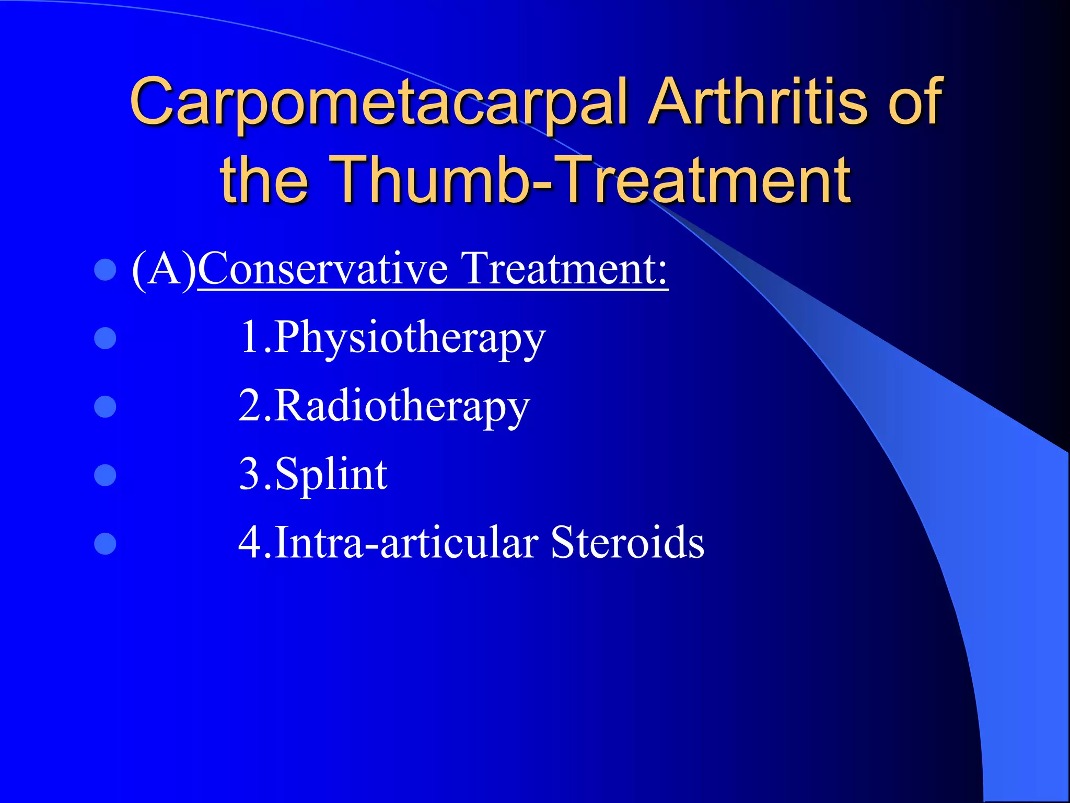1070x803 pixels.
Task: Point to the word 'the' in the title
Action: click(264, 180)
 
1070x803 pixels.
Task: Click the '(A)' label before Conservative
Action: click(164, 270)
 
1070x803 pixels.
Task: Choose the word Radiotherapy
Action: click(402, 407)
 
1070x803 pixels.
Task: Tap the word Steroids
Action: click(627, 543)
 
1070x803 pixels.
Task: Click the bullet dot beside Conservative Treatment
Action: click(105, 270)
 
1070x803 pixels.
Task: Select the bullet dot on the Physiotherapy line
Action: click(105, 338)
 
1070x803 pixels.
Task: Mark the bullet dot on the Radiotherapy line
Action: click(105, 407)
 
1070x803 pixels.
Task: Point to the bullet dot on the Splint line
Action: click(105, 475)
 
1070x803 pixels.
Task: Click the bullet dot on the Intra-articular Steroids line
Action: click(105, 543)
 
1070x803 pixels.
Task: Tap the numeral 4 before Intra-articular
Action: click(250, 543)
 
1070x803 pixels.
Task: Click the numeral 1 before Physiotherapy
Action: click(250, 338)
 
